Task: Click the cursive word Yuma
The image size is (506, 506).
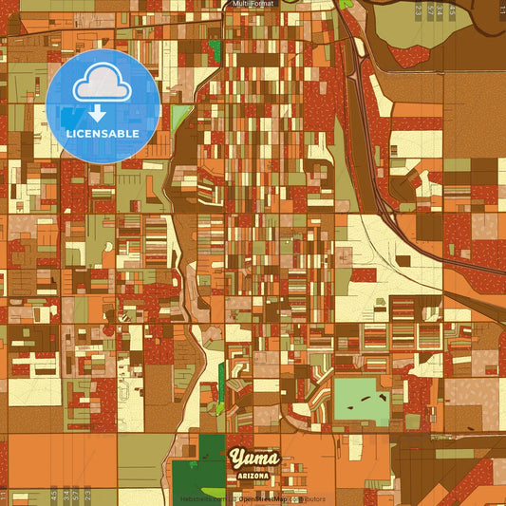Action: click(x=253, y=459)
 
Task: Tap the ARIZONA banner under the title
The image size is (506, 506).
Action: click(x=254, y=474)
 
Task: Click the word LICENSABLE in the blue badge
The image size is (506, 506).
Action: click(x=103, y=134)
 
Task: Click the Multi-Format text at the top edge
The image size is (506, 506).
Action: click(x=252, y=4)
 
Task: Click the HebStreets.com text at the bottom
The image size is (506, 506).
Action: click(x=200, y=498)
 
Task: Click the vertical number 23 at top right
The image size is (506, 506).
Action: click(x=419, y=10)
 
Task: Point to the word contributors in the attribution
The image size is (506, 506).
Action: click(x=308, y=498)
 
